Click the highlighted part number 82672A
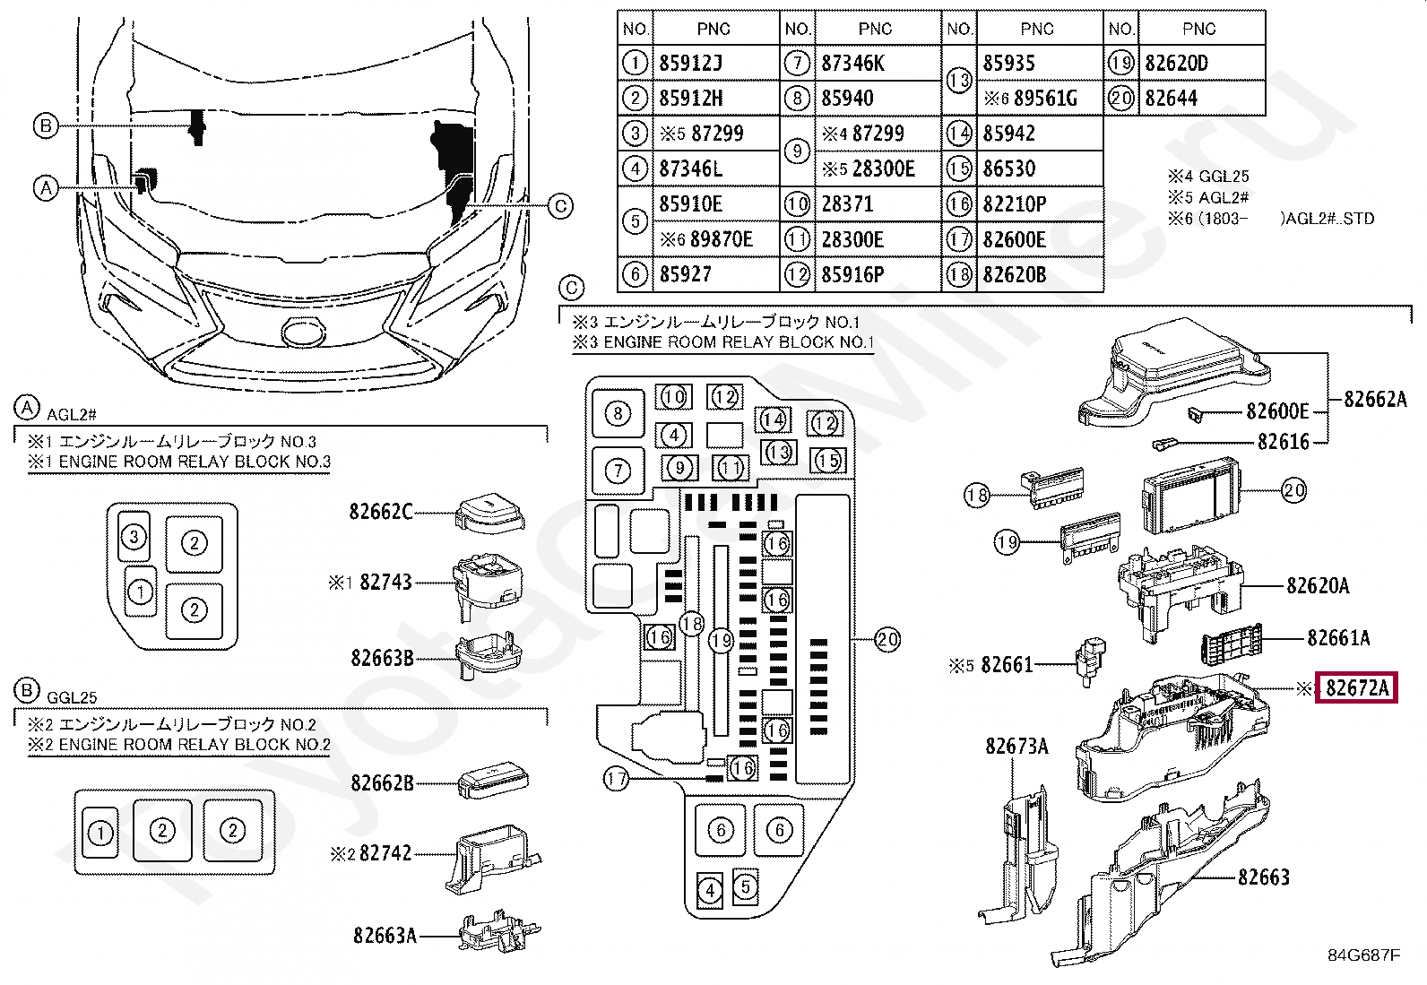coord(1357,688)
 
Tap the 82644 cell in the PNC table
coord(1201,98)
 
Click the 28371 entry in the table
coord(878,203)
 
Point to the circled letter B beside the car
coord(46,125)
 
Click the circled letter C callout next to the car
coord(560,206)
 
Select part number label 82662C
coord(381,512)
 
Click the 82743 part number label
coord(386,582)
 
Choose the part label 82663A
coord(385,936)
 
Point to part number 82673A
coord(1016,746)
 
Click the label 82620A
coord(1318,585)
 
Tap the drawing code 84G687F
coord(1364,955)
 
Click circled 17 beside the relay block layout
coord(616,779)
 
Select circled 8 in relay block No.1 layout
coord(618,413)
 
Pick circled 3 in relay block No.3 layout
coord(134,537)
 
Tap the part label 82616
coord(1283,442)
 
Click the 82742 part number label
coord(385,853)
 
